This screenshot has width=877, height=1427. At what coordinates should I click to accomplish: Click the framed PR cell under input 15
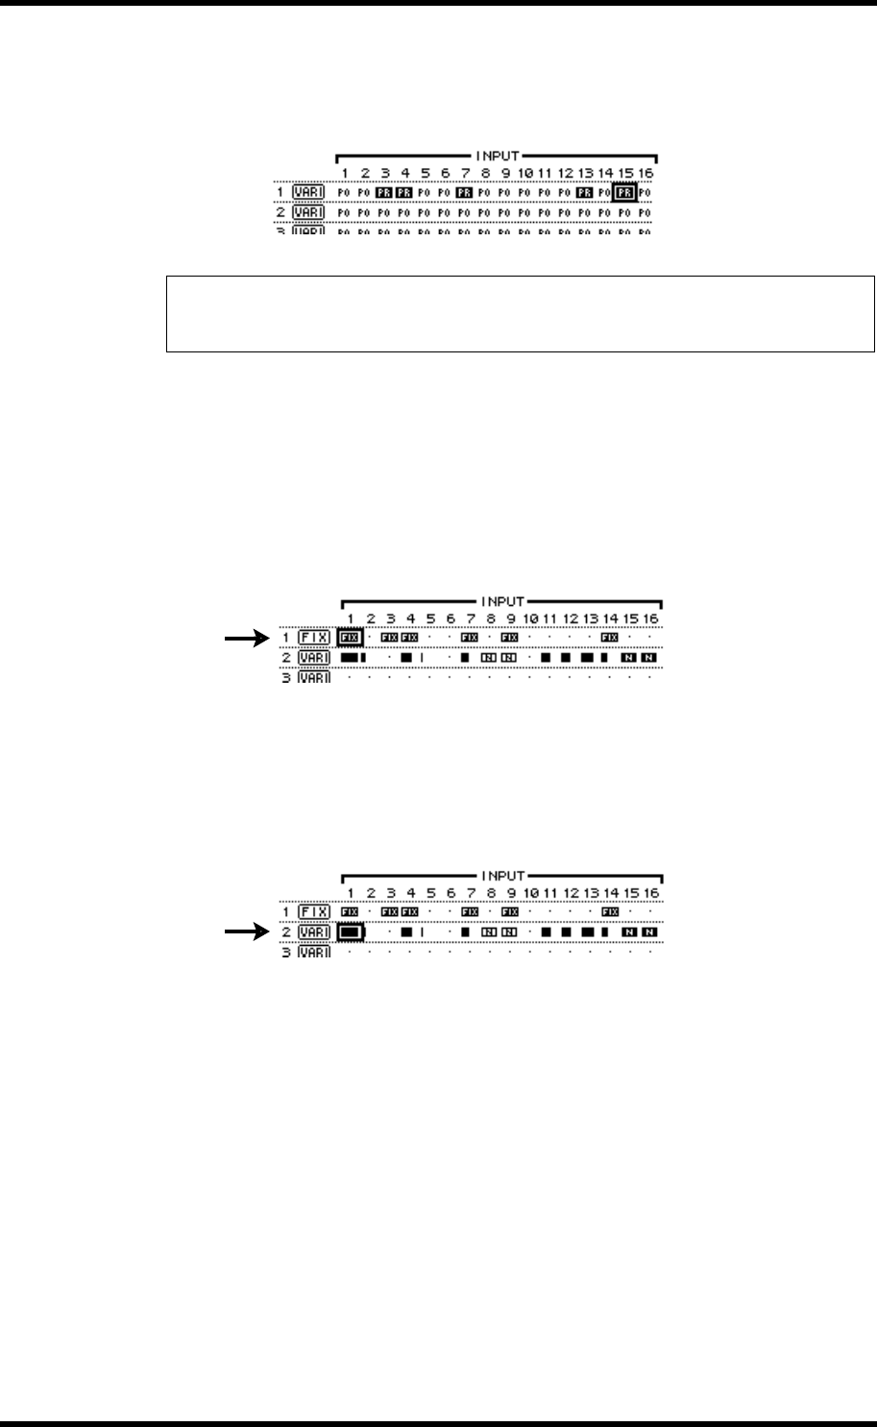[x=625, y=192]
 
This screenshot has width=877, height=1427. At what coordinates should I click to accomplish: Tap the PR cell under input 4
[x=404, y=192]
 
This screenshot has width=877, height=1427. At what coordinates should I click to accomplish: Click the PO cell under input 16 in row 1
[x=646, y=192]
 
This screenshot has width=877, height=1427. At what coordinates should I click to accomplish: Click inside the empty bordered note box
[x=520, y=315]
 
